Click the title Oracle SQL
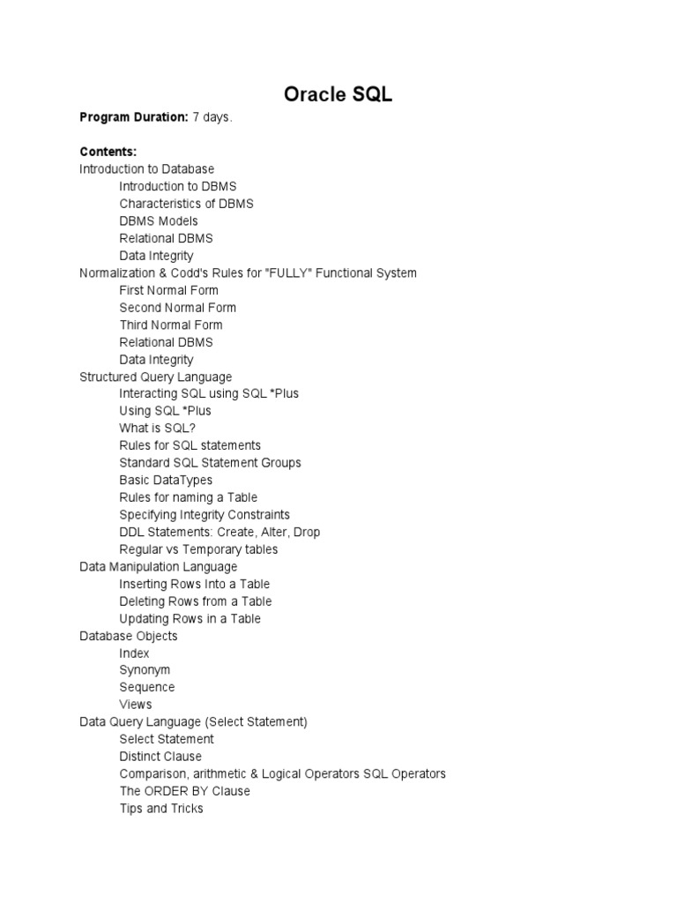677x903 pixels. [x=338, y=95]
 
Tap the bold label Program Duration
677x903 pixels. [x=133, y=117]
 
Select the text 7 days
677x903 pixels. [x=212, y=117]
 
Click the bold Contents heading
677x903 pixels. [x=108, y=152]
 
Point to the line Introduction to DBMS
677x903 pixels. [x=178, y=186]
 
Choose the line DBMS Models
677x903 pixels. [x=159, y=220]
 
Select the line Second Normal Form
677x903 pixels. [x=178, y=307]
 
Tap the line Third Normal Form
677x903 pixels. [x=171, y=325]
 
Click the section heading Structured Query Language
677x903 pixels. [x=155, y=377]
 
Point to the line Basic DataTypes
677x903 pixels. [x=166, y=480]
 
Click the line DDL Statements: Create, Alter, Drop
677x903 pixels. [x=219, y=532]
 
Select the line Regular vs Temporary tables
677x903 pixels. [x=198, y=549]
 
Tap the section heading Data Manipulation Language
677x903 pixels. [x=158, y=566]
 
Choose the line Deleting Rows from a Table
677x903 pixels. [x=196, y=601]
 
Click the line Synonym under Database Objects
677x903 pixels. [x=145, y=670]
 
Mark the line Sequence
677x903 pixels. [x=147, y=687]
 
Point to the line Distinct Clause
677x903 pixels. [x=160, y=757]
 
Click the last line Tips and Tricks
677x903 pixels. [x=161, y=808]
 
